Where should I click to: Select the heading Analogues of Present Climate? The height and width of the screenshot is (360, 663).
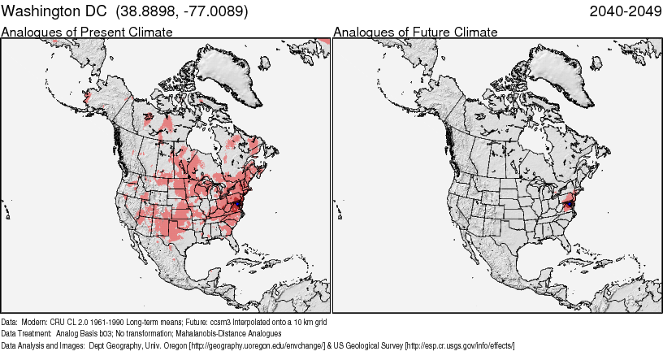point(87,33)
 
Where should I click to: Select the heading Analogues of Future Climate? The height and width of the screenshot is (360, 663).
point(415,33)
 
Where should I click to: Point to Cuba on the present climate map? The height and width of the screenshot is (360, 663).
point(244,261)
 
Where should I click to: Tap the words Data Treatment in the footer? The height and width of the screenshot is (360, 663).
point(26,333)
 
